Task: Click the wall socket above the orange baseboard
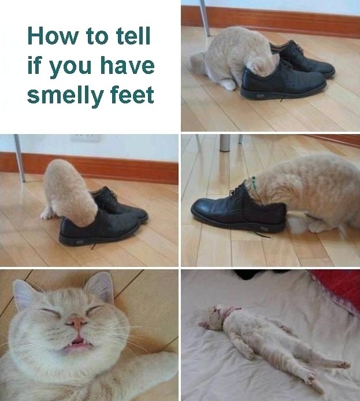[86, 139]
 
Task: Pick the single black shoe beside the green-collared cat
[237, 208]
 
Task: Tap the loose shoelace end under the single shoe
[263, 235]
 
